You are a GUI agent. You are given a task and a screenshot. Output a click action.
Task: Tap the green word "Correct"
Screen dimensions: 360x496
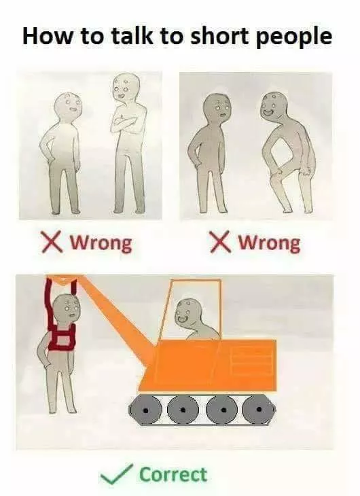(x=173, y=474)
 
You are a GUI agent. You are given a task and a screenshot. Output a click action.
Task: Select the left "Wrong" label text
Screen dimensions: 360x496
(x=101, y=244)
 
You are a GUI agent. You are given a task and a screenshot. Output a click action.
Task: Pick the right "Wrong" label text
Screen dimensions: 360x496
(x=268, y=244)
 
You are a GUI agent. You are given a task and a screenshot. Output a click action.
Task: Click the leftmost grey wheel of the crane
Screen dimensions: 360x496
(x=145, y=410)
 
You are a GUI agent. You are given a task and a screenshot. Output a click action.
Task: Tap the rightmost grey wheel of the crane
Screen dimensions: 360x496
(x=259, y=410)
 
